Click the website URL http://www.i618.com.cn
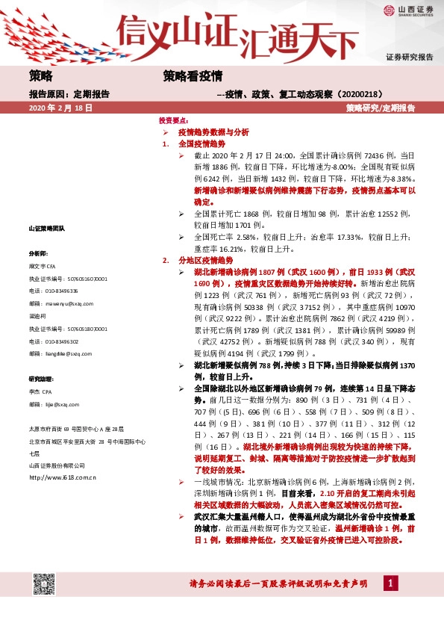(x=62, y=476)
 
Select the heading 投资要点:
(x=174, y=120)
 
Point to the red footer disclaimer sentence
(x=279, y=583)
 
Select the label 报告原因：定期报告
(x=69, y=94)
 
